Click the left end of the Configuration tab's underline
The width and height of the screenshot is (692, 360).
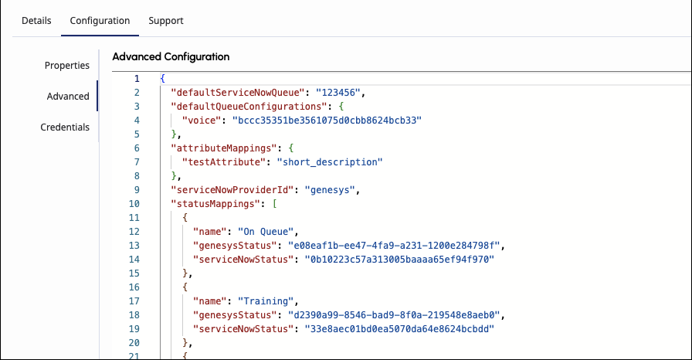(61, 36)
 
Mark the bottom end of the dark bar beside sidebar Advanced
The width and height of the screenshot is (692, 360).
(97, 110)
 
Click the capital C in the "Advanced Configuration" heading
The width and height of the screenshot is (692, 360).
(168, 57)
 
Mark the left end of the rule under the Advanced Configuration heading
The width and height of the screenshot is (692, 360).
(113, 71)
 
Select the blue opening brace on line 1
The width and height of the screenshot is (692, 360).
(162, 79)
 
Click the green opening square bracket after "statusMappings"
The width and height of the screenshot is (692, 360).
(274, 204)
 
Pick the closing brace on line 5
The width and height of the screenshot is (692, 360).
(174, 134)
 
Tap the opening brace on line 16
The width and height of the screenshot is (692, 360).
(185, 287)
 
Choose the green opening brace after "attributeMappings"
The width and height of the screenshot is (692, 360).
(291, 148)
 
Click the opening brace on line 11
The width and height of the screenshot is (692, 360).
(185, 218)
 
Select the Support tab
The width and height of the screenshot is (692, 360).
(166, 21)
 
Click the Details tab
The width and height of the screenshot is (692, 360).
(36, 21)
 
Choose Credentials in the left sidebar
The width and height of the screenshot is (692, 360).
(65, 127)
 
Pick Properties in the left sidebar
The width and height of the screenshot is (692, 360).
(67, 66)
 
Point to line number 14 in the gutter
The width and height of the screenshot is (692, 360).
(134, 260)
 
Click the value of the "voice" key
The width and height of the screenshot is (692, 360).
(327, 121)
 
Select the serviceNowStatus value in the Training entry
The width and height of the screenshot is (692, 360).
(399, 329)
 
